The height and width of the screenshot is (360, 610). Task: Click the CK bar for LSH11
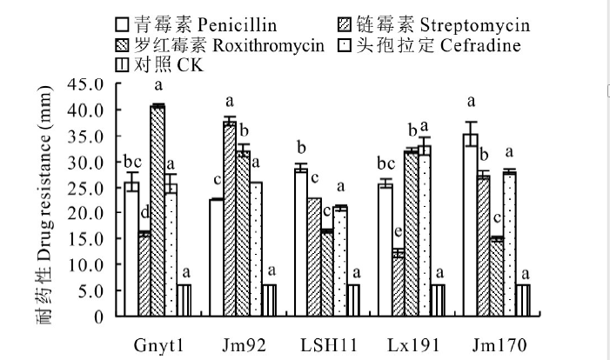coord(352,300)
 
